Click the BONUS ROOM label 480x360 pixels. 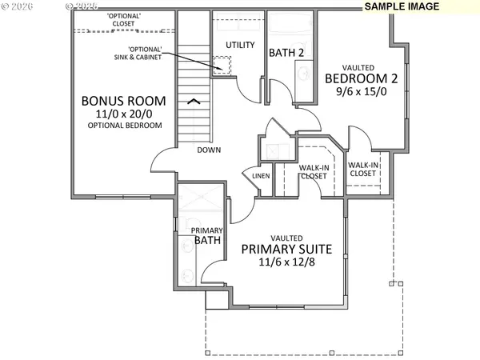pyautogui.click(x=124, y=102)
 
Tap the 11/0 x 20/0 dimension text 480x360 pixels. pyautogui.click(x=124, y=114)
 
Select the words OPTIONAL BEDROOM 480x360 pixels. pyautogui.click(x=124, y=126)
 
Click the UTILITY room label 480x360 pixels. pyautogui.click(x=239, y=45)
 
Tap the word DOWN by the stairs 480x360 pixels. pyautogui.click(x=210, y=150)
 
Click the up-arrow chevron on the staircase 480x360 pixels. pyautogui.click(x=194, y=101)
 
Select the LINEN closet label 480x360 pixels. pyautogui.click(x=261, y=175)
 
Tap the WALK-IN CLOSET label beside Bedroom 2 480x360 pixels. pyautogui.click(x=362, y=169)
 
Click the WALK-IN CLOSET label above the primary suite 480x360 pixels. pyautogui.click(x=313, y=172)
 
